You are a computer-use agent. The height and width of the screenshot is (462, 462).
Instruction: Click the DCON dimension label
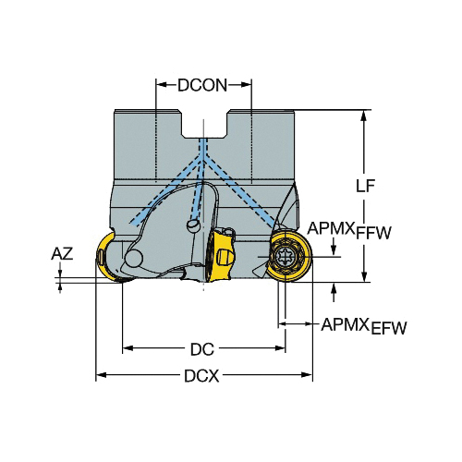(202, 85)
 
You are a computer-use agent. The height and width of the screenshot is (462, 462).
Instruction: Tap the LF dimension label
(365, 186)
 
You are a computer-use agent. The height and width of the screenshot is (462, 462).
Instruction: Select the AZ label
(62, 254)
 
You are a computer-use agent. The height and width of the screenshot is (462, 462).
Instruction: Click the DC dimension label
(202, 349)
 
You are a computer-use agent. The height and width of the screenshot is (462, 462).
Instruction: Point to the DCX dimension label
(201, 376)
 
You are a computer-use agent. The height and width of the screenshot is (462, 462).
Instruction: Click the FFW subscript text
(373, 233)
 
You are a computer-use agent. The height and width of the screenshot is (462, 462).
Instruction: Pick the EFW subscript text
(389, 328)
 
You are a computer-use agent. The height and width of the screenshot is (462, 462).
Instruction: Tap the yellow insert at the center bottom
(219, 255)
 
